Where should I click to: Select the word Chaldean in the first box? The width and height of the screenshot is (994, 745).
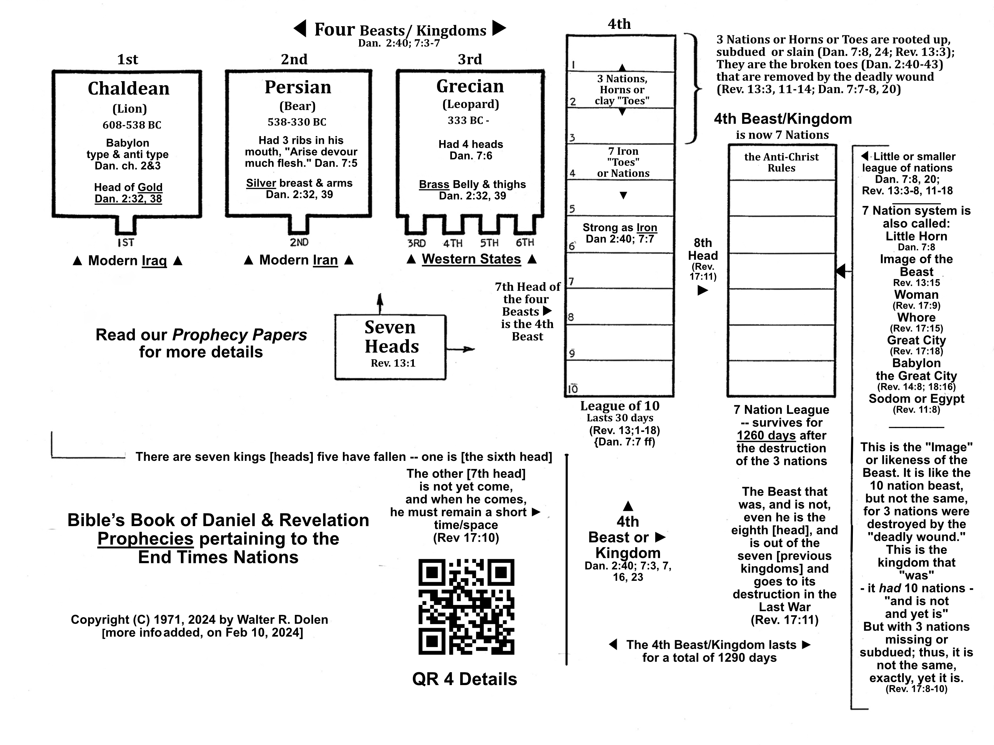129,88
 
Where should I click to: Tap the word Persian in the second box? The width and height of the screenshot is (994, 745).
298,87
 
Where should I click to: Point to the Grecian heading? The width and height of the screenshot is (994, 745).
470,86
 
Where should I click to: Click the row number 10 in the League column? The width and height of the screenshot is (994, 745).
573,389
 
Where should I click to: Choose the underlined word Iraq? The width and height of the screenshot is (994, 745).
154,261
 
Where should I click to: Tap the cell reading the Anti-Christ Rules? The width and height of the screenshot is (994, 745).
781,162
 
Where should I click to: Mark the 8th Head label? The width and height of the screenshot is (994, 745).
703,249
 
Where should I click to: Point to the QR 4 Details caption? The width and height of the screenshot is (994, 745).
464,679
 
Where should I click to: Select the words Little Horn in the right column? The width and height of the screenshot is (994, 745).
916,236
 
